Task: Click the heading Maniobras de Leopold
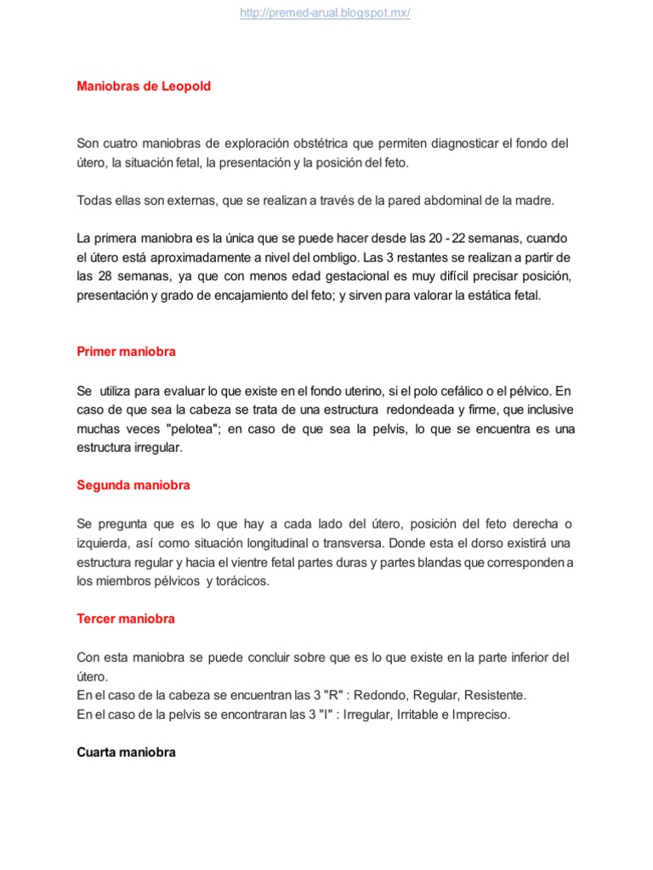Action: [x=144, y=87]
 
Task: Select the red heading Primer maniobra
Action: [x=126, y=351]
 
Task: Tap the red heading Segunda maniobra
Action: [x=133, y=485]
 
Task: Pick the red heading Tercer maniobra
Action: [x=126, y=619]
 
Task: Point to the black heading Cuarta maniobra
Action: [x=126, y=752]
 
